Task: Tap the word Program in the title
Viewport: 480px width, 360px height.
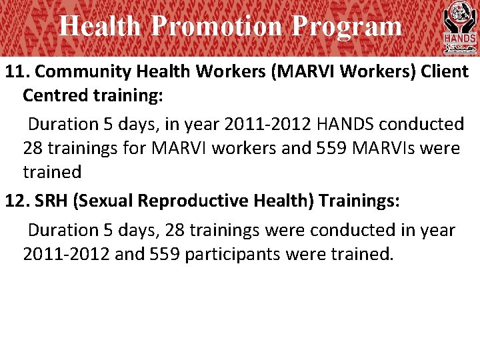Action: coord(346,27)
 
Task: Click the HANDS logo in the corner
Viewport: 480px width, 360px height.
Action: coord(459,27)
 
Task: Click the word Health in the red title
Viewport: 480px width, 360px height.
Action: coord(100,27)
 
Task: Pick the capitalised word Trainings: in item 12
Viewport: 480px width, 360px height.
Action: coord(359,201)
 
